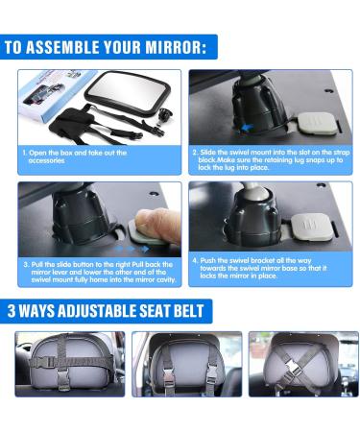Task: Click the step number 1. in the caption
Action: pyautogui.click(x=25, y=153)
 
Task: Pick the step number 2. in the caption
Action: pyautogui.click(x=195, y=152)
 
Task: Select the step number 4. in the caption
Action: pyautogui.click(x=195, y=259)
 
